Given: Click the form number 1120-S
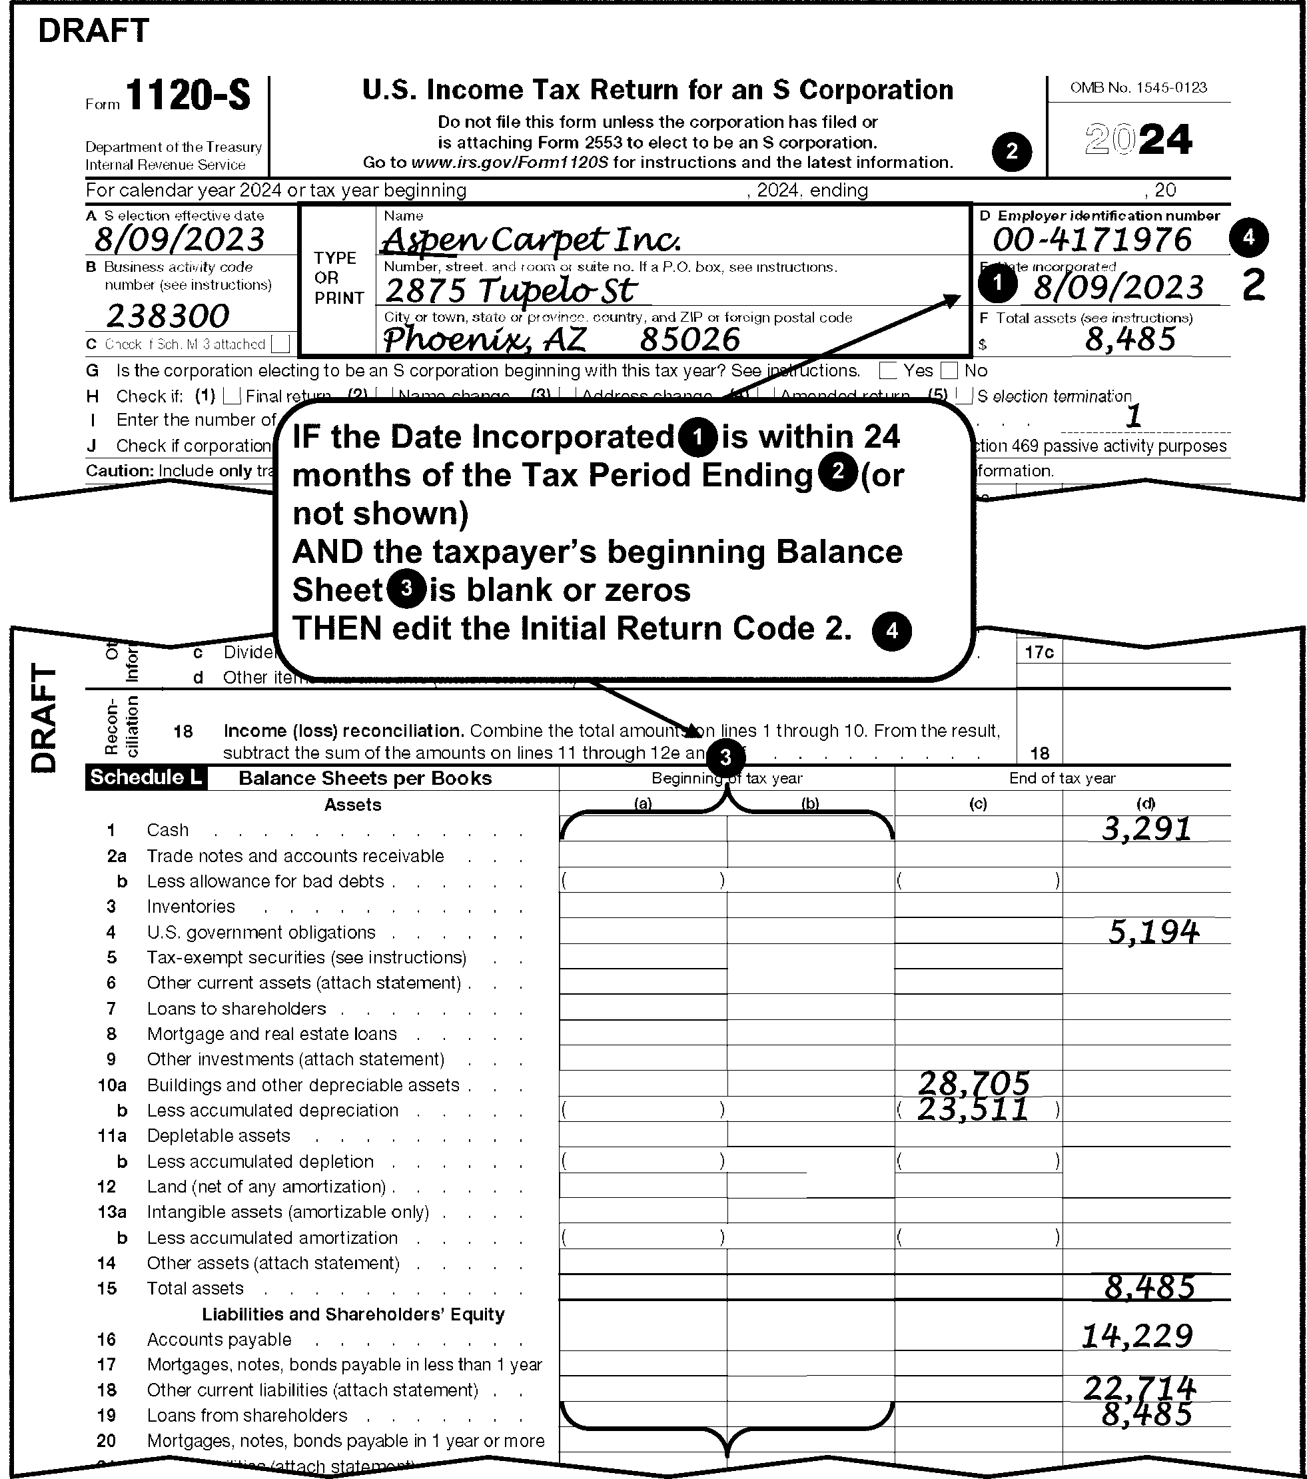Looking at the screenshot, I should pyautogui.click(x=187, y=95).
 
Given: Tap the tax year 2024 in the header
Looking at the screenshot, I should pyautogui.click(x=1138, y=140).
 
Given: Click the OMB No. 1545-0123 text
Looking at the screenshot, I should pyautogui.click(x=1138, y=87).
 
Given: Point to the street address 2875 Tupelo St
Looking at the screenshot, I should pyautogui.click(x=510, y=290).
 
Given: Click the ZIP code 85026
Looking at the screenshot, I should pyautogui.click(x=689, y=339).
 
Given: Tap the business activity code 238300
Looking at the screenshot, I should pyautogui.click(x=167, y=316).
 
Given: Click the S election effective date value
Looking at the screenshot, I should pyautogui.click(x=179, y=239).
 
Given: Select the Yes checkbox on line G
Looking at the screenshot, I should pyautogui.click(x=887, y=371).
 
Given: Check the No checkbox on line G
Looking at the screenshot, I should pyautogui.click(x=949, y=371).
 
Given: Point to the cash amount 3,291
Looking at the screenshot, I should pyautogui.click(x=1146, y=829).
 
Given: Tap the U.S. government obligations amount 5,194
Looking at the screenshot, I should pyautogui.click(x=1153, y=932).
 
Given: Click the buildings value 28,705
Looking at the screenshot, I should pyautogui.click(x=973, y=1083).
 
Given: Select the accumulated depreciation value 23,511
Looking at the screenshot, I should pyautogui.click(x=973, y=1109).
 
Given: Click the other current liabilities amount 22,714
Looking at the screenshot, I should pyautogui.click(x=1139, y=1387).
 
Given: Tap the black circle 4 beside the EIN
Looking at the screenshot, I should pyautogui.click(x=1248, y=237).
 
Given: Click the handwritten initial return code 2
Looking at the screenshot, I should pyautogui.click(x=1254, y=285).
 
